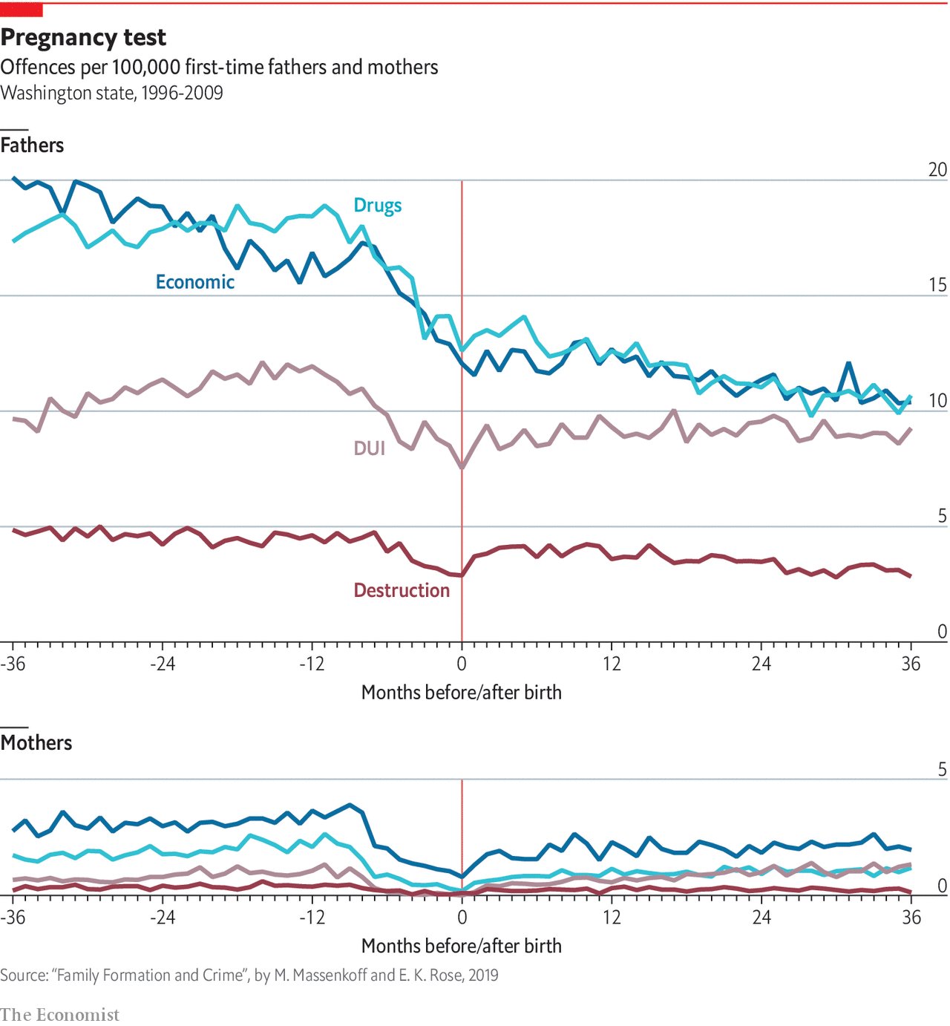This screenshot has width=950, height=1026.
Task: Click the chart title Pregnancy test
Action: [x=83, y=37]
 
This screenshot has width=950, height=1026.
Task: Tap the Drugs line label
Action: [x=377, y=206]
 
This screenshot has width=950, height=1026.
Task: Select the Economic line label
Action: [x=194, y=282]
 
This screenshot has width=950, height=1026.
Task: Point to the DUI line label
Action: [x=369, y=448]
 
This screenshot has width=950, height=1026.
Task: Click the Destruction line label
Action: [x=402, y=590]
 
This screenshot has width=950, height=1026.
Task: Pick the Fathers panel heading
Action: [x=32, y=146]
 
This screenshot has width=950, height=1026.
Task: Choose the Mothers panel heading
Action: [x=36, y=743]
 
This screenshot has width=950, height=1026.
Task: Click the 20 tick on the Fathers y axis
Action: [x=937, y=170]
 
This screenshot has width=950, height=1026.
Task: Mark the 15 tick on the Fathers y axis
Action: [x=937, y=285]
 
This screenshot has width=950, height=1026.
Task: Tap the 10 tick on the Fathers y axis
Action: [x=937, y=401]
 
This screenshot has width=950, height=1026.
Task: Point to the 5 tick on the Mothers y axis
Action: [x=942, y=769]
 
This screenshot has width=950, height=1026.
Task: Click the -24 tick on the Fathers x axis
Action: [x=163, y=664]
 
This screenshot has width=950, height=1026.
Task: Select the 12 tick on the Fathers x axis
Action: [x=612, y=664]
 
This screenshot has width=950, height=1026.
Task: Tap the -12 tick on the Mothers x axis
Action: [x=312, y=918]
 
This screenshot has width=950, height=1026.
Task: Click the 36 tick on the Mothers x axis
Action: [x=911, y=918]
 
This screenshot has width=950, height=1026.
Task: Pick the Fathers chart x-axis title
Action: [x=461, y=693]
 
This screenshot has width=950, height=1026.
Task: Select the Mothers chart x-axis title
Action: [x=461, y=947]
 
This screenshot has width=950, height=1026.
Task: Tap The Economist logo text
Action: [x=59, y=1015]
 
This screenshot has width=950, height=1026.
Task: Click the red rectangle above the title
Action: [x=22, y=10]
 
